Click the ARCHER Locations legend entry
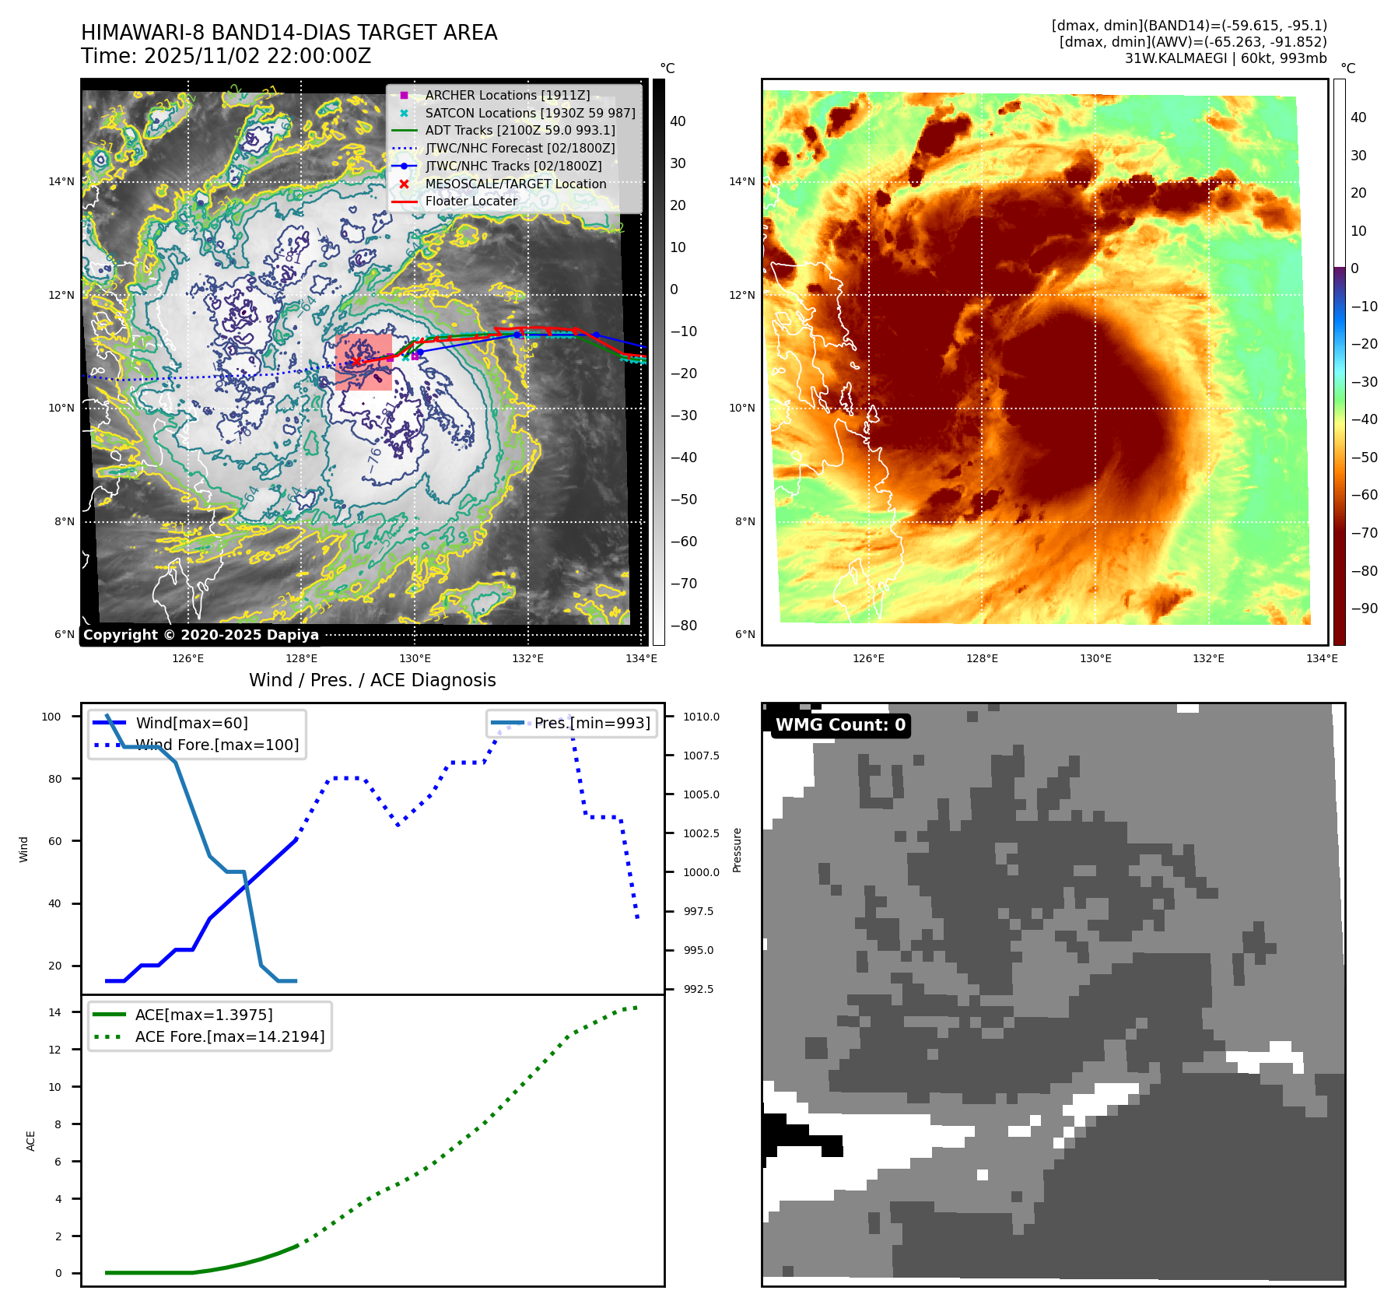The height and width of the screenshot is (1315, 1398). point(507,95)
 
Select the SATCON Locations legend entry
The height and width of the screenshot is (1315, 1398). point(530,113)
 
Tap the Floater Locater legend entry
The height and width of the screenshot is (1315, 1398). point(471,201)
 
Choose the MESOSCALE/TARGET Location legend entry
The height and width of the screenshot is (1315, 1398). point(515,184)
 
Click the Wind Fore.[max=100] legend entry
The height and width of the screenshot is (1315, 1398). point(217,745)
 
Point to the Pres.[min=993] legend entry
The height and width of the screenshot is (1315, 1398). point(591,723)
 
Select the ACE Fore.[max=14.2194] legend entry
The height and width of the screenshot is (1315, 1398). point(229,1036)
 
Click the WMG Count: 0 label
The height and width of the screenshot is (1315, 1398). point(840,725)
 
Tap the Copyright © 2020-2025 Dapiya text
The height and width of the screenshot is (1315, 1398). point(201,635)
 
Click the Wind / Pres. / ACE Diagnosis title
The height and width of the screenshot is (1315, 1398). point(372,680)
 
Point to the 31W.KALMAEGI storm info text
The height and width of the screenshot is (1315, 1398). point(1225,58)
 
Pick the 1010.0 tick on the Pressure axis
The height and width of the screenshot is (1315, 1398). point(701,717)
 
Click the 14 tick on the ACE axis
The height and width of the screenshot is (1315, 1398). point(55,1012)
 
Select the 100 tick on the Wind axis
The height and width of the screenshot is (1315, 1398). point(51,717)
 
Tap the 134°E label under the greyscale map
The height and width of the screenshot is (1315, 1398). point(641,659)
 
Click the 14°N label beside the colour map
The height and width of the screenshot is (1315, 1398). point(741,182)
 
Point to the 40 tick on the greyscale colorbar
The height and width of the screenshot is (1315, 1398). point(678,121)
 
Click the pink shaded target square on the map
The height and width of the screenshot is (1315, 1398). point(363,363)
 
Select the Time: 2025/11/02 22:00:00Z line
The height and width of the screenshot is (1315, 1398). point(226,57)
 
